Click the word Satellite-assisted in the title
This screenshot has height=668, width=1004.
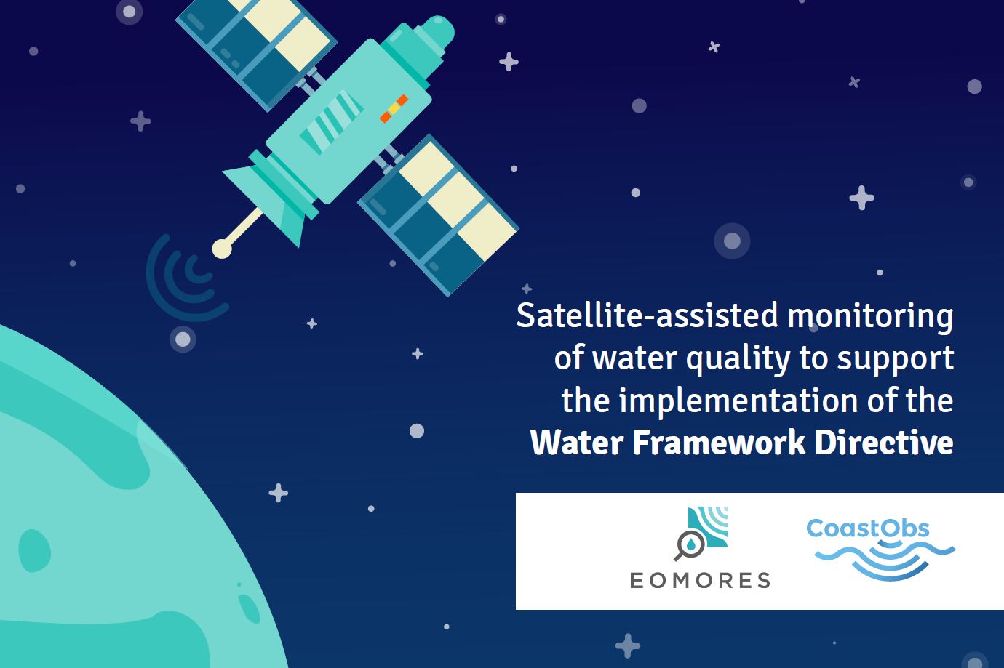(x=647, y=315)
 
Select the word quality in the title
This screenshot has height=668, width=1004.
(x=738, y=359)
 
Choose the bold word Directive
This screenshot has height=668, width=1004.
(x=884, y=443)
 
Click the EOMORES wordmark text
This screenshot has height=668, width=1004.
(x=700, y=580)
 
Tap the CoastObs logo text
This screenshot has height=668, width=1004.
(x=868, y=528)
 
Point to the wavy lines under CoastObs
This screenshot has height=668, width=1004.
(x=884, y=560)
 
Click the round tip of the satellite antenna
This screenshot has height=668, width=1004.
(x=222, y=249)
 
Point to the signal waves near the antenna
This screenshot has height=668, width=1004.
(x=185, y=280)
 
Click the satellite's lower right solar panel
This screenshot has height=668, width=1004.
(x=438, y=215)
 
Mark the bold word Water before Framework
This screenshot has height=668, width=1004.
(x=577, y=443)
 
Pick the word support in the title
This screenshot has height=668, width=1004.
(x=896, y=359)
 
